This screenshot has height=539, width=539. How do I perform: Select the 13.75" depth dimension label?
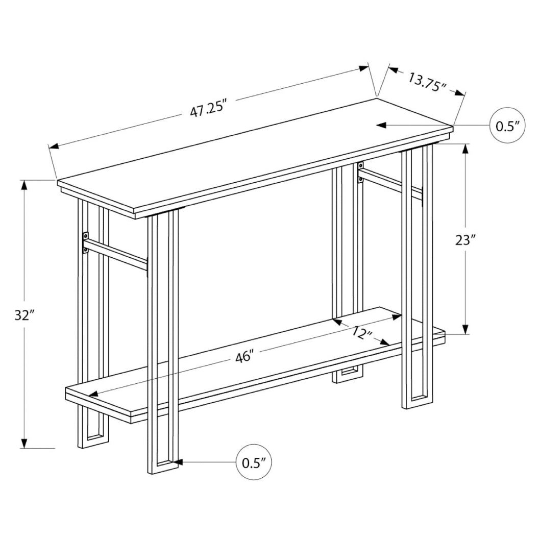tap(427, 81)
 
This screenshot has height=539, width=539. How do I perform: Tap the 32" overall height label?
tap(24, 315)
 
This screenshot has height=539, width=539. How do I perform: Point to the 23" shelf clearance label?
tap(465, 239)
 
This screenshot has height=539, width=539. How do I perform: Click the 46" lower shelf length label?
tap(244, 357)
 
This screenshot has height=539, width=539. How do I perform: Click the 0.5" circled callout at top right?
tap(507, 125)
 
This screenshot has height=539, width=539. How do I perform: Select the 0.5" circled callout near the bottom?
tap(254, 462)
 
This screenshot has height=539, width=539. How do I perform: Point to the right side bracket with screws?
tap(360, 172)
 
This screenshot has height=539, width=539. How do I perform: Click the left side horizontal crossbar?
tap(116, 254)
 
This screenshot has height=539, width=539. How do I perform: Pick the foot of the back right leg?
tap(348, 375)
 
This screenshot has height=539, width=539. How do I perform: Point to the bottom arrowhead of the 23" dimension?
tap(465, 329)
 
